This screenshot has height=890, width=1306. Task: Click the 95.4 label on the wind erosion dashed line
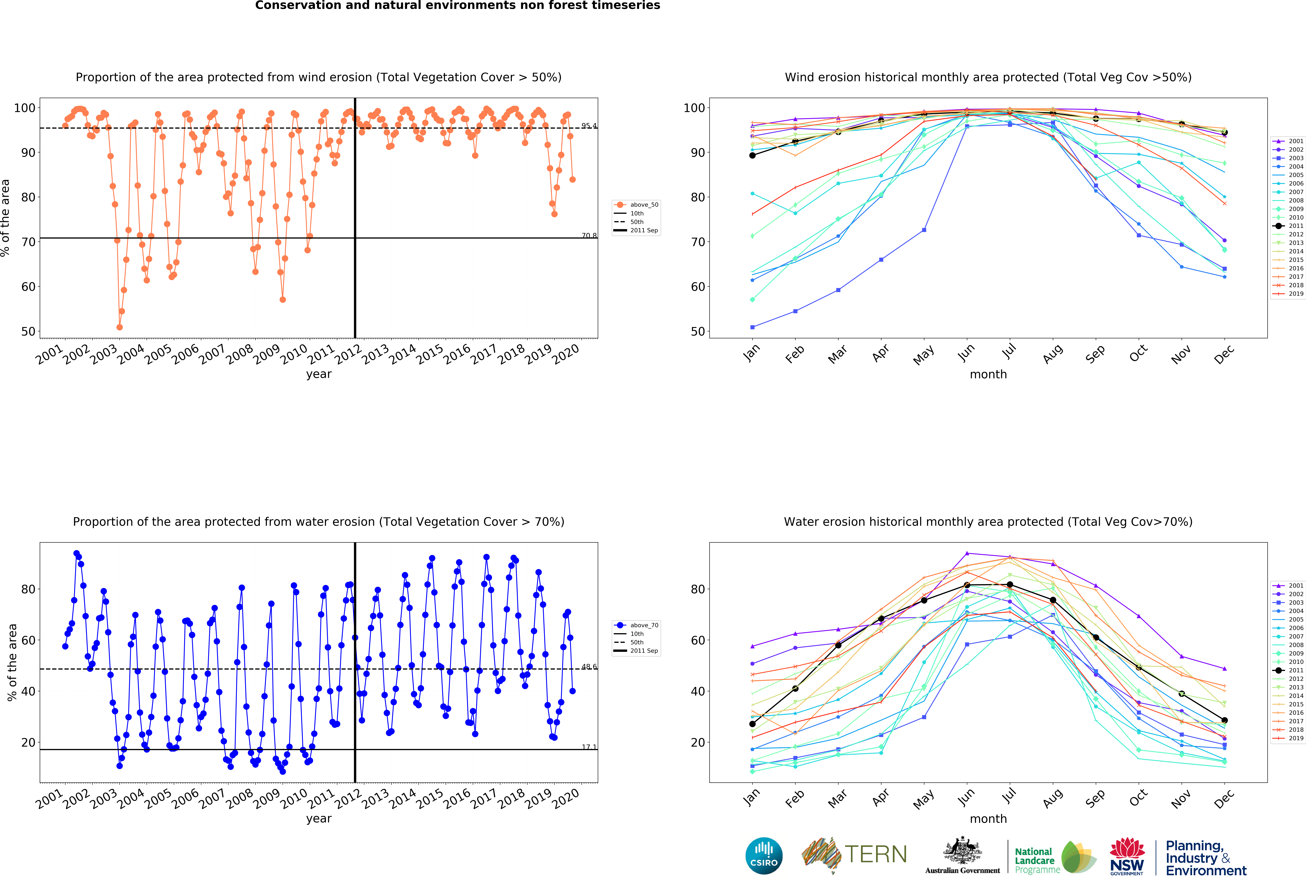tap(589, 126)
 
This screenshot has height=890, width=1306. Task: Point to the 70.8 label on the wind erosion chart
tap(589, 235)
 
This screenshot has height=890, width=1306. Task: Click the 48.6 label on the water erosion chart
tap(589, 667)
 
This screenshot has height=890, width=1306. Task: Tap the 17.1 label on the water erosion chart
tap(589, 747)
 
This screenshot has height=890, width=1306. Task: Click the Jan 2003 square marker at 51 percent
tap(752, 327)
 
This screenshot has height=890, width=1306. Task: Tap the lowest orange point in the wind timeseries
tap(119, 327)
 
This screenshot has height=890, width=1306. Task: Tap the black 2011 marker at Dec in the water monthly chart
tap(1224, 720)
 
